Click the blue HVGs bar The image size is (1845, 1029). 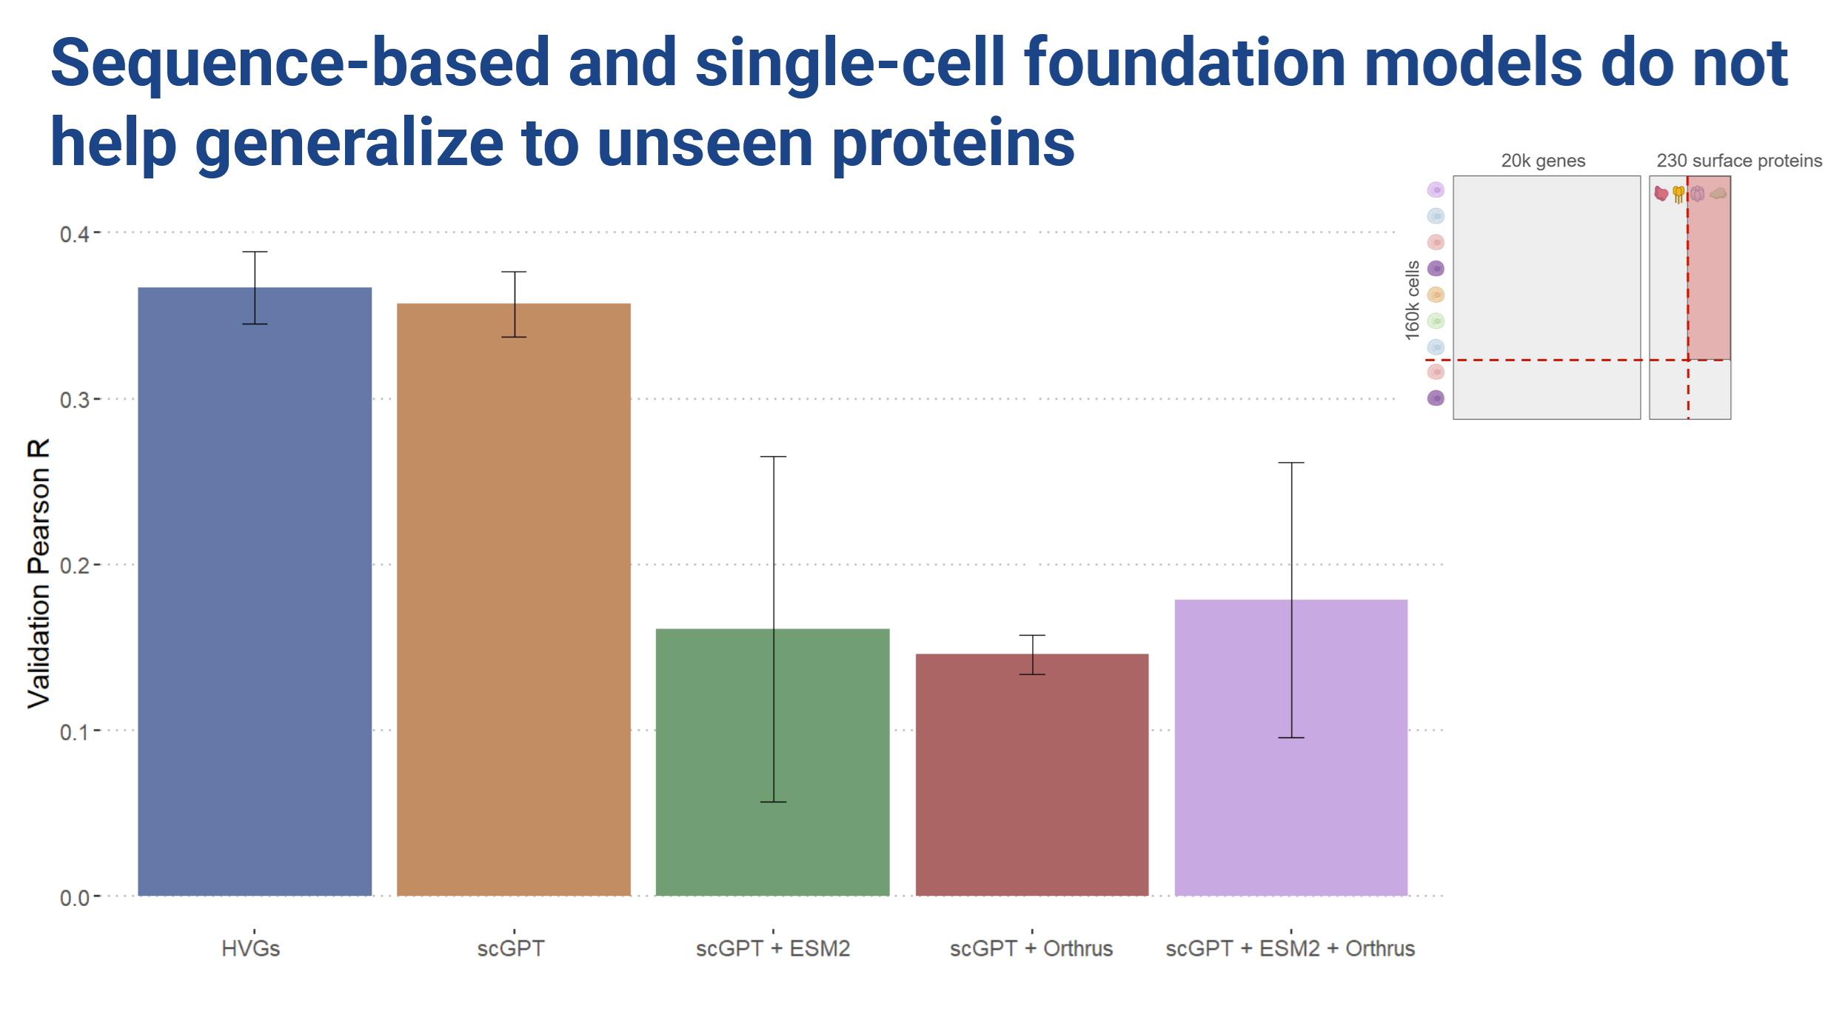tap(255, 591)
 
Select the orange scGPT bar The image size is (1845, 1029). tap(514, 600)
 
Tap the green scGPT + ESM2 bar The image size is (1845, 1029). tap(773, 762)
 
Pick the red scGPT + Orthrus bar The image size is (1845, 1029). tap(1032, 775)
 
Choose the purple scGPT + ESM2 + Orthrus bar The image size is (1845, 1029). tap(1291, 748)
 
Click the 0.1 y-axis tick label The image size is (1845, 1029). tap(74, 732)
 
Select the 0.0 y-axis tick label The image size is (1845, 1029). tap(74, 898)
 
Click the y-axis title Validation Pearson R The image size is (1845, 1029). tap(38, 573)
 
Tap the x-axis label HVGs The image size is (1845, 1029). tap(251, 948)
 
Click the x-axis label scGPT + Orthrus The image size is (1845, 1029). tap(1031, 948)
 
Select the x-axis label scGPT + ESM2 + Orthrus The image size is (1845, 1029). tap(1290, 948)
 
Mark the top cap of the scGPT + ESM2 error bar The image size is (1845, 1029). tap(774, 457)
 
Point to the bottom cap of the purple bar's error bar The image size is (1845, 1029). tap(1291, 737)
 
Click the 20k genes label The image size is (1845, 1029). tap(1543, 161)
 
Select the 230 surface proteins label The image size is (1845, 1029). tap(1739, 161)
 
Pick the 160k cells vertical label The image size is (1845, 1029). tap(1413, 301)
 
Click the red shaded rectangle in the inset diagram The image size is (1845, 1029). tap(1710, 268)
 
